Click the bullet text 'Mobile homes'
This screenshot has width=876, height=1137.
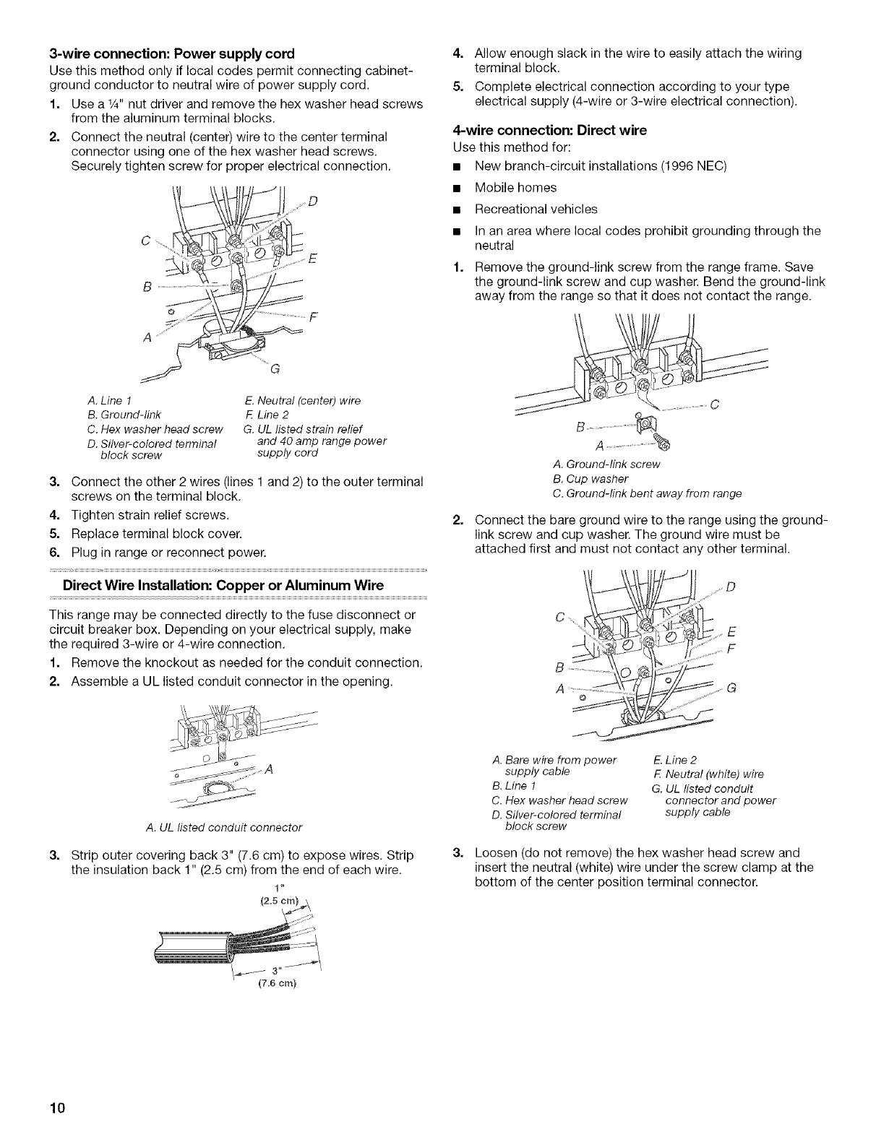[x=515, y=188]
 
